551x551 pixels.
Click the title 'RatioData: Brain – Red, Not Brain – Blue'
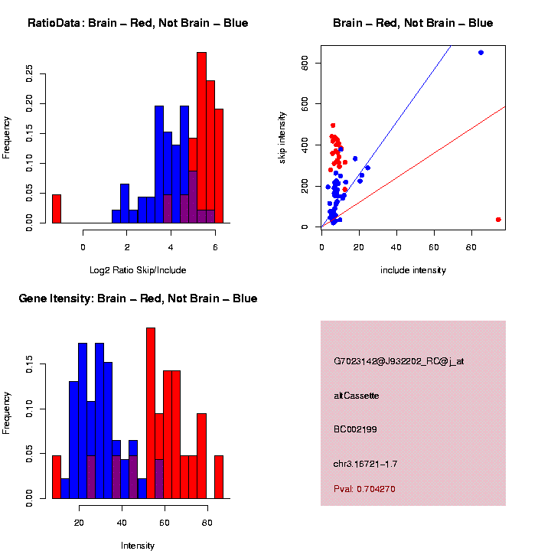pyautogui.click(x=138, y=23)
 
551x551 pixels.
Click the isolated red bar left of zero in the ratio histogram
pyautogui.click(x=56, y=208)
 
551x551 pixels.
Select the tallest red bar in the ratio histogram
pyautogui.click(x=202, y=138)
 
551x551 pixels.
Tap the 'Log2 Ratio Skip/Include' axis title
pyautogui.click(x=138, y=269)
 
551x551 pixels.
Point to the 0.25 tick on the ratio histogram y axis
pyautogui.click(x=30, y=73)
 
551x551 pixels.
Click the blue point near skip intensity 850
pyautogui.click(x=481, y=53)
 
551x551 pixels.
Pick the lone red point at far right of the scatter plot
pyautogui.click(x=498, y=220)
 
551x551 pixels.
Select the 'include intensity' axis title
pyautogui.click(x=413, y=269)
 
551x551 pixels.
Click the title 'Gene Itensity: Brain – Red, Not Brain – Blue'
pyautogui.click(x=138, y=298)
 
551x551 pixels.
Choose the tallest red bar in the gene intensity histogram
pyautogui.click(x=151, y=413)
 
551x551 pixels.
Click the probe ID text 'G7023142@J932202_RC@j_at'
pyautogui.click(x=399, y=361)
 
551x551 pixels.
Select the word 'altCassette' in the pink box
pyautogui.click(x=357, y=396)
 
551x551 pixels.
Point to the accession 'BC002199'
pyautogui.click(x=355, y=429)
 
